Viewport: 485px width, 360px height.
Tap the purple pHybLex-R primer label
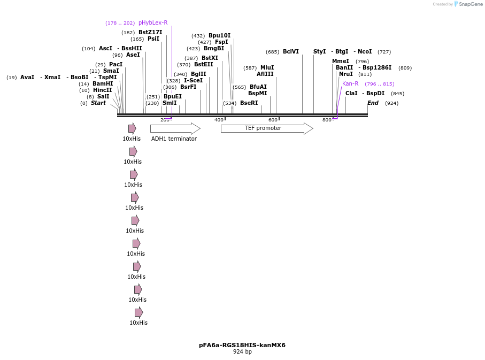(153, 23)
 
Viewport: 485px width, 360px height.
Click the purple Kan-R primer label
(350, 84)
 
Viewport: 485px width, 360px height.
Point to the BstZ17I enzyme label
(150, 33)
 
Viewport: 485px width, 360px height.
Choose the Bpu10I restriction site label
(219, 36)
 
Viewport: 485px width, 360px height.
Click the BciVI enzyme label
(291, 52)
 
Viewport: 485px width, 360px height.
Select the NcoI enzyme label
(365, 52)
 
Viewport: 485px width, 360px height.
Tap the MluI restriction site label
(267, 68)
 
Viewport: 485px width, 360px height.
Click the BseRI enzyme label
(249, 103)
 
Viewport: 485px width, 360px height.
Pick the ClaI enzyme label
(351, 94)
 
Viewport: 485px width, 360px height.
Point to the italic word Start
(98, 103)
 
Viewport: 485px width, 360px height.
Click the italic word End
(373, 103)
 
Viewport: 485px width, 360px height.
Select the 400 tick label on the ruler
(219, 120)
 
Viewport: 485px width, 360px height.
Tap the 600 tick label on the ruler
(273, 120)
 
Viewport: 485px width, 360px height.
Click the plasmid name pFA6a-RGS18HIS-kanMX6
(242, 345)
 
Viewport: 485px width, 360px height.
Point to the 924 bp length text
(242, 352)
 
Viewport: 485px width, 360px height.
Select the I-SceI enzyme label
(193, 81)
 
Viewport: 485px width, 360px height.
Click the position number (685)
(272, 52)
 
